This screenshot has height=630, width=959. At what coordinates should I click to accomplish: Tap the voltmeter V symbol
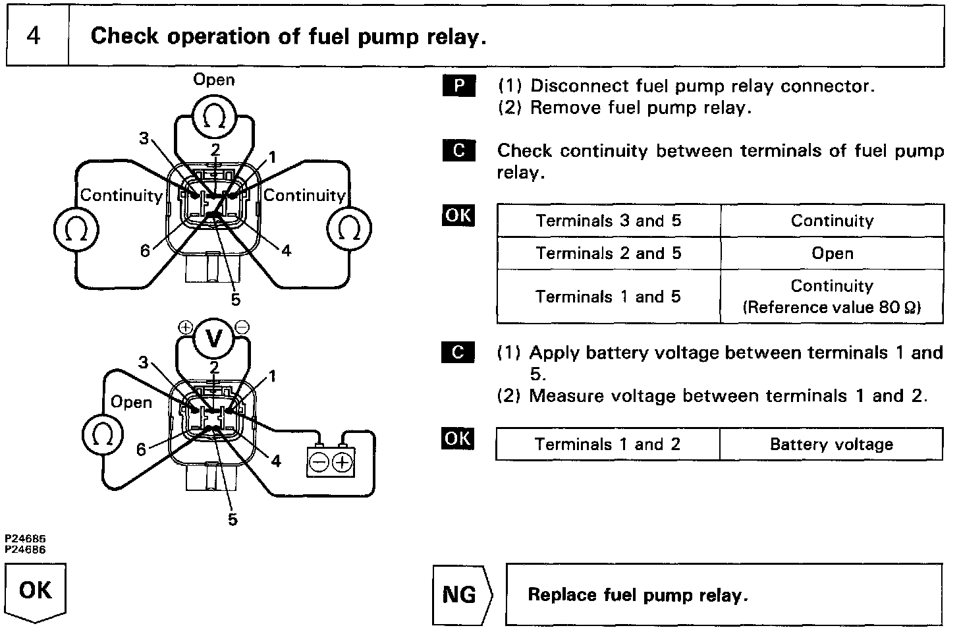(214, 337)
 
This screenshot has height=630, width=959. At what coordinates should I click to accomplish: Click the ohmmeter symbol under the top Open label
(214, 117)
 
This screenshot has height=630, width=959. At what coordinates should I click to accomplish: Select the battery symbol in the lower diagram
(331, 462)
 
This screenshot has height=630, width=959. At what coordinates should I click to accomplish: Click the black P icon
(459, 86)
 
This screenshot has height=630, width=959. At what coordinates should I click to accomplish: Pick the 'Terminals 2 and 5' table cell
(608, 254)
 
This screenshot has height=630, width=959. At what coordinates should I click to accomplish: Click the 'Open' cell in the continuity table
(832, 254)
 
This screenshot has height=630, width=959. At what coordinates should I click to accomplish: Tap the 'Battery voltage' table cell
(831, 444)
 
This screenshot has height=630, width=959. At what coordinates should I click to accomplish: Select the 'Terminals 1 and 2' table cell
(607, 444)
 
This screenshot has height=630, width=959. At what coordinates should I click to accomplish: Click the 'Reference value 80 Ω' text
(832, 308)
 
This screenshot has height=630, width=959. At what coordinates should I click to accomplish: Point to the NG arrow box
(461, 595)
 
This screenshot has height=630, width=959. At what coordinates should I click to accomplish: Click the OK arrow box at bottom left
(36, 591)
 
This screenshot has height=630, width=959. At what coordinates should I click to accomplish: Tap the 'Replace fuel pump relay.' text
(638, 595)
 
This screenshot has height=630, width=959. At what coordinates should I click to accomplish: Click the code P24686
(26, 549)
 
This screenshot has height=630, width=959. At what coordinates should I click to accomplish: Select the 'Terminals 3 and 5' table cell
(608, 221)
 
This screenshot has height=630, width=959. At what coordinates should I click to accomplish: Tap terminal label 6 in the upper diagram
(145, 250)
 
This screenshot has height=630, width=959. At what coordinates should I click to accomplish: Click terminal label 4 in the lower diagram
(276, 461)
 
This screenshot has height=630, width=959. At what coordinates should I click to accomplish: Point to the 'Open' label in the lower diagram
(131, 402)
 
